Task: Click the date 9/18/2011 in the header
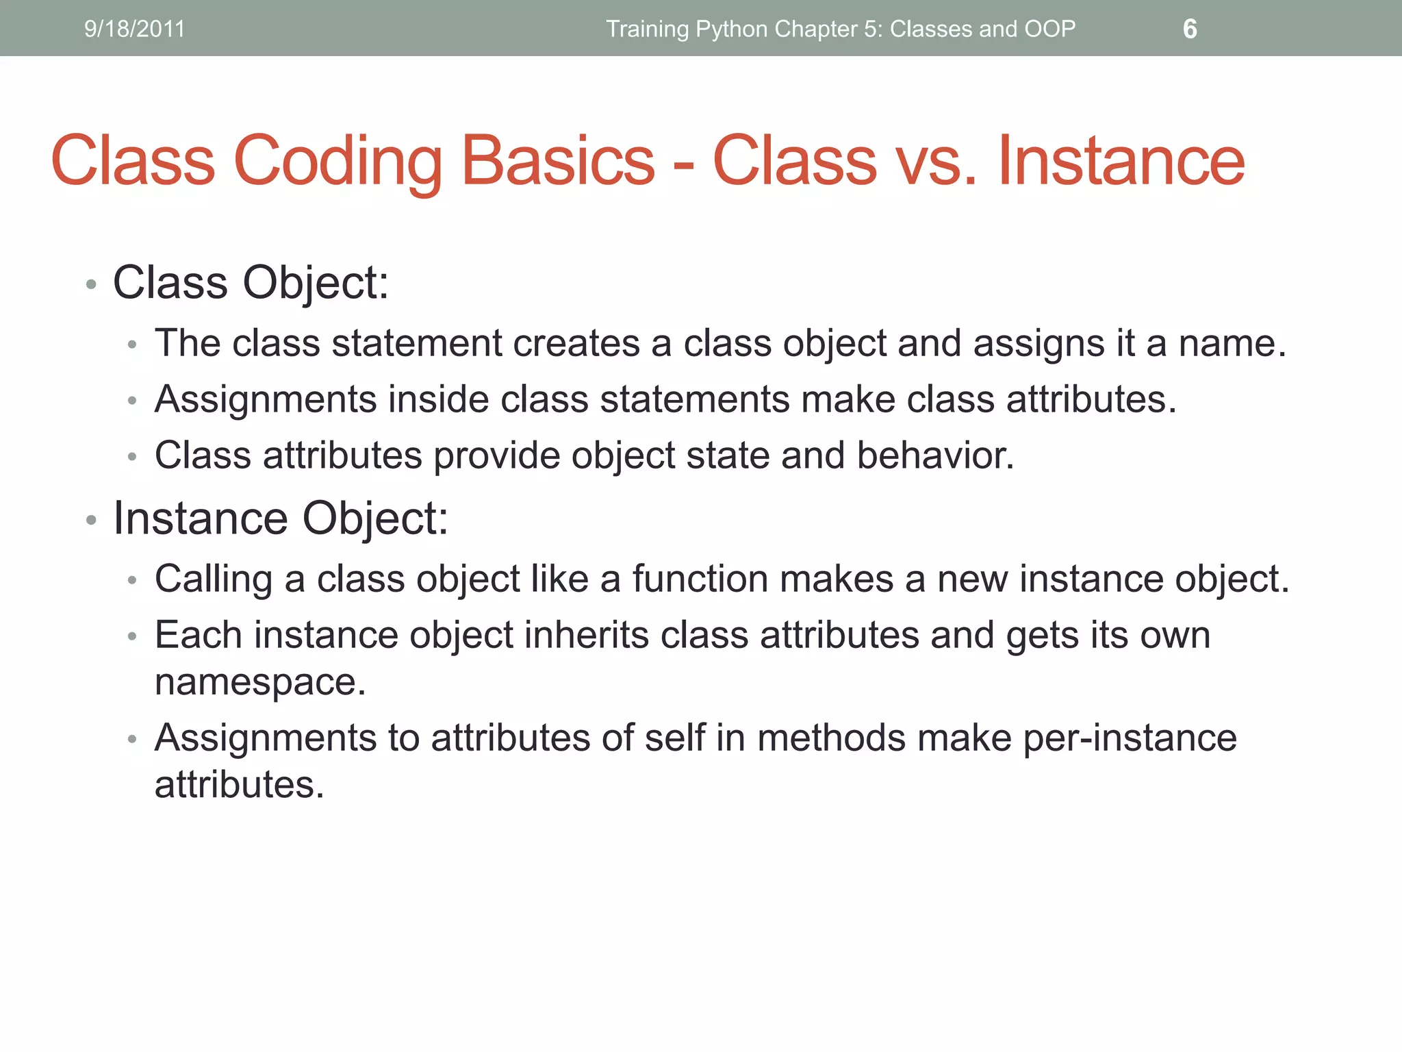pos(134,29)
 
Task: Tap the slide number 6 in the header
pos(1190,29)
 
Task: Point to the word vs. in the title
pos(936,161)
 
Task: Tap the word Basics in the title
pos(558,161)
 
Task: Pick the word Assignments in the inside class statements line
pos(265,399)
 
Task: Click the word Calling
pos(214,579)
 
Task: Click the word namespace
pos(260,682)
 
